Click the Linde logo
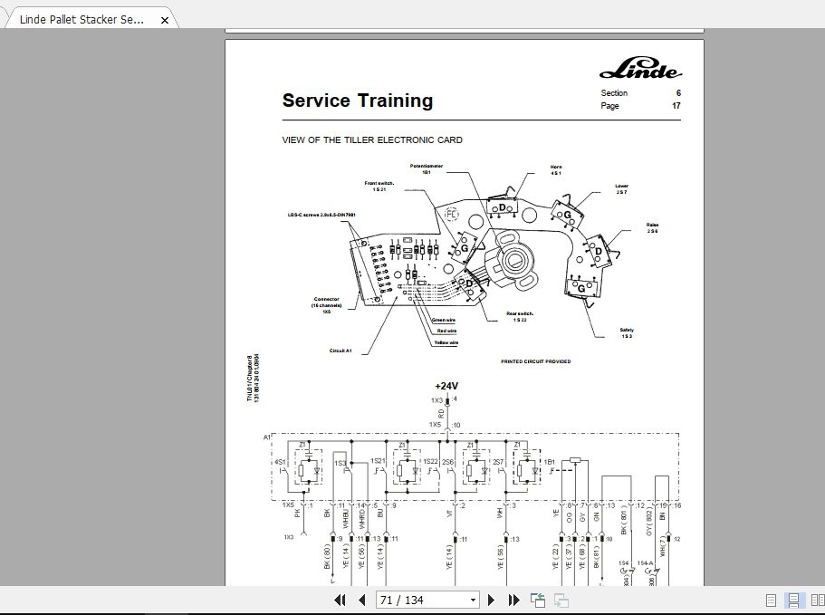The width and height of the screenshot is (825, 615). (x=640, y=71)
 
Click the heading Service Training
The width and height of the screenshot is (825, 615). (x=357, y=101)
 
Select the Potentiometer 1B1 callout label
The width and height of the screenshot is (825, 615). (x=426, y=168)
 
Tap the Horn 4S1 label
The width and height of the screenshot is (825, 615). (x=556, y=169)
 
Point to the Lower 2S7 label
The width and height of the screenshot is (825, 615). (x=621, y=188)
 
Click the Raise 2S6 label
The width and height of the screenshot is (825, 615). (x=652, y=227)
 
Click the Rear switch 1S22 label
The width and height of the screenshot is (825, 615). (x=520, y=316)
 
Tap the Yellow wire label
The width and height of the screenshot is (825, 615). (x=445, y=343)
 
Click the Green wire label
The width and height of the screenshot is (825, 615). (x=444, y=320)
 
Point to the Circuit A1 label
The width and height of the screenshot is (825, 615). (x=341, y=350)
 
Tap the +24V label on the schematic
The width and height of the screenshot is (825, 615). (x=446, y=386)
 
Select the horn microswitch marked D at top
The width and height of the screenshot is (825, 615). (x=501, y=207)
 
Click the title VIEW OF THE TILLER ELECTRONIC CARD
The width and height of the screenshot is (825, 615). (x=372, y=139)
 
